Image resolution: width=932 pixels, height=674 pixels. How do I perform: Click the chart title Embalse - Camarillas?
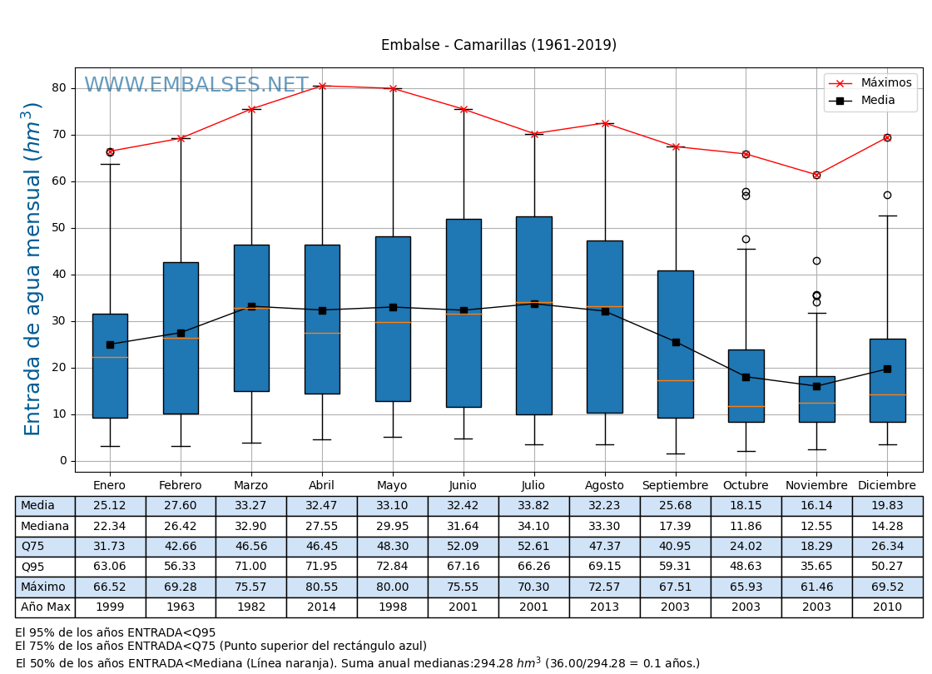click(x=498, y=45)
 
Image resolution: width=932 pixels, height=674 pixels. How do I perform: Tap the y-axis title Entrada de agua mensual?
click(x=32, y=269)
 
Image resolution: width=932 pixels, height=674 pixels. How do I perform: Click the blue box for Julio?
click(x=533, y=315)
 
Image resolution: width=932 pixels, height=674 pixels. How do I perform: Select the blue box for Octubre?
click(x=746, y=385)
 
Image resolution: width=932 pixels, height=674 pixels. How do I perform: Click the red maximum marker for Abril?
click(x=322, y=86)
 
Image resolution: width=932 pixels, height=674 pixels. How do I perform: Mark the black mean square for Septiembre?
click(x=676, y=342)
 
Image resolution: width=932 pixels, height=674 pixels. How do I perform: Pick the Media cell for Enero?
click(x=110, y=506)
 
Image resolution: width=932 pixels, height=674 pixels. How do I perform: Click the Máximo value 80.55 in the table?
click(x=321, y=587)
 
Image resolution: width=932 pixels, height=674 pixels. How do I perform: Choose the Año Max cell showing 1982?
click(x=250, y=607)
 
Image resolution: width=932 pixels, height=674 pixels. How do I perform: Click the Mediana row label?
click(x=44, y=526)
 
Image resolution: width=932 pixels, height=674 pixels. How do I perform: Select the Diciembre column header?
click(x=887, y=486)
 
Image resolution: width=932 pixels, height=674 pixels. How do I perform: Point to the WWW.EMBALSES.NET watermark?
click(x=196, y=86)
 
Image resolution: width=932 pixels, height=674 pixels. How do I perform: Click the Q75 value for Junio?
click(x=463, y=547)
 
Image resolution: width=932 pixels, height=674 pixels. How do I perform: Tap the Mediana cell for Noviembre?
click(x=816, y=526)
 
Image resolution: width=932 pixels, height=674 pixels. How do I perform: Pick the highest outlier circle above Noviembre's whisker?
click(x=816, y=260)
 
